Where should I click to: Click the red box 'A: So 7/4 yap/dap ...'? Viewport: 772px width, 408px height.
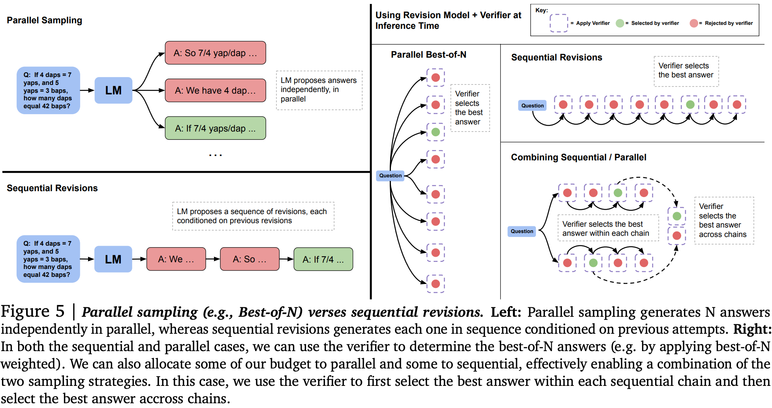click(x=215, y=53)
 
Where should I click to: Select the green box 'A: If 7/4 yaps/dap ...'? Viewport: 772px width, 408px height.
click(x=215, y=128)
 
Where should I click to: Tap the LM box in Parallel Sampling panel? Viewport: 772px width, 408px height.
click(x=113, y=90)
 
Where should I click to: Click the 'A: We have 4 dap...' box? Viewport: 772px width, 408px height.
click(x=215, y=90)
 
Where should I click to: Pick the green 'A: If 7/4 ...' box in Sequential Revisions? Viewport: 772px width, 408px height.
click(x=323, y=259)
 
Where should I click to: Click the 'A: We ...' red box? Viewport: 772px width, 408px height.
click(x=176, y=259)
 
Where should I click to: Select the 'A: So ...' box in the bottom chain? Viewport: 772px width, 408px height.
click(x=250, y=259)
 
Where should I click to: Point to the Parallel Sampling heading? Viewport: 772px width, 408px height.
click(x=45, y=20)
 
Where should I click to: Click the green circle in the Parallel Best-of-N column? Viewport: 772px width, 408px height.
click(x=436, y=132)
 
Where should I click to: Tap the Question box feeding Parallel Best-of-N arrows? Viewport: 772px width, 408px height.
click(x=390, y=175)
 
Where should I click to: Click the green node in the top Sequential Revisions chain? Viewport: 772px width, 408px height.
click(x=690, y=105)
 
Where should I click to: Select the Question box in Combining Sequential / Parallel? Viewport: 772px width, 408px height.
click(x=522, y=231)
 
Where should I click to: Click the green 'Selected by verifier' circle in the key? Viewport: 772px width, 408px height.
click(x=620, y=23)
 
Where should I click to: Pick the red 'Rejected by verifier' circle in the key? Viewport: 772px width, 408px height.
click(x=694, y=23)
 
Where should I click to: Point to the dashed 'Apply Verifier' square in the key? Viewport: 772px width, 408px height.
click(x=558, y=23)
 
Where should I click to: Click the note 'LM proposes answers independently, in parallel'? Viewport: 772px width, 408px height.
click(x=319, y=90)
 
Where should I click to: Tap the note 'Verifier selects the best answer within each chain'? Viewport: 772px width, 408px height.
click(x=608, y=228)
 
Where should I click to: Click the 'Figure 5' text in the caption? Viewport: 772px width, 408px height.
click(x=32, y=312)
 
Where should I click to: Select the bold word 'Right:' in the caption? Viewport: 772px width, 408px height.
click(x=752, y=329)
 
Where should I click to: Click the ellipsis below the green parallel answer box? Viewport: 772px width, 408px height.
click(x=215, y=155)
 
